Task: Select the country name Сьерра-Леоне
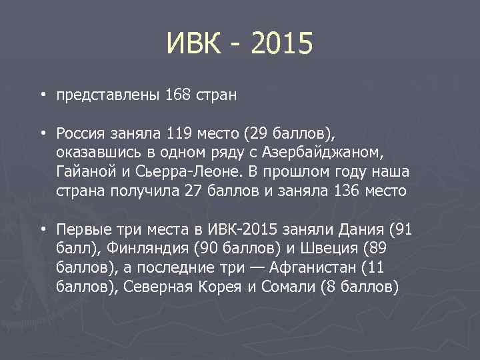[199, 172]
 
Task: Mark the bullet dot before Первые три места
[43, 229]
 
